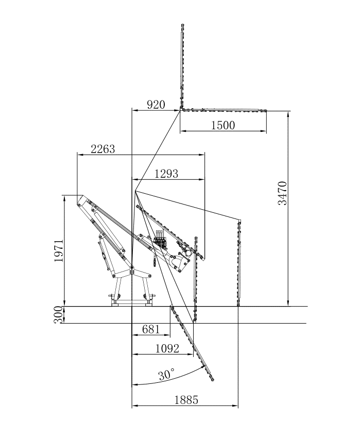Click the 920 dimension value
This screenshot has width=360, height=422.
[x=156, y=105]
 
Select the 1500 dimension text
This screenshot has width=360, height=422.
[x=223, y=125]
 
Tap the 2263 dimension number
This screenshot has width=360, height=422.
[x=103, y=149]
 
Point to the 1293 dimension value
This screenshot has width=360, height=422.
[x=166, y=174]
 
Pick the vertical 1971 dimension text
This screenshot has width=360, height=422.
[x=59, y=250]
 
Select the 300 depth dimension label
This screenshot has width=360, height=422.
[x=59, y=314]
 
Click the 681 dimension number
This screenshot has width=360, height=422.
[x=151, y=329]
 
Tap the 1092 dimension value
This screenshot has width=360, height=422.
[x=167, y=349]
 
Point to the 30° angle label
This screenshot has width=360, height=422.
[x=166, y=375]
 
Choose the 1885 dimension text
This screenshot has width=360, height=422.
[x=186, y=400]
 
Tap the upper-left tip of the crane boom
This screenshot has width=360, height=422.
[x=80, y=198]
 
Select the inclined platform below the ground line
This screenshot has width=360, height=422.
[x=192, y=343]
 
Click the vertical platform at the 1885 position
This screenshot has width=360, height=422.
[x=239, y=263]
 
